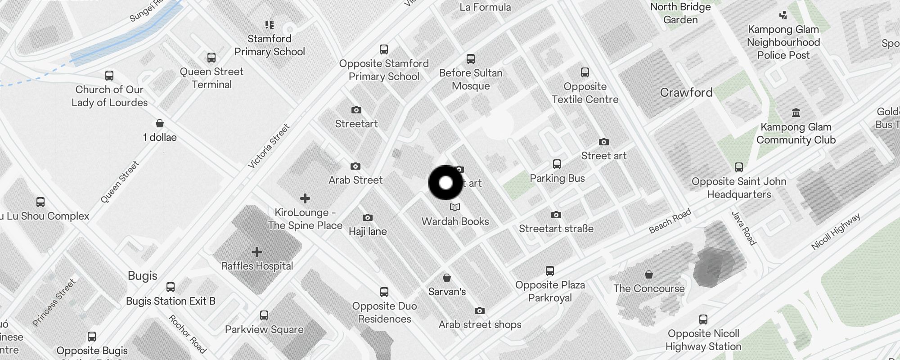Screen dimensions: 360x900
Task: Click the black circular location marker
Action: coord(445,183)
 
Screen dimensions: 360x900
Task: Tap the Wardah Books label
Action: coord(455,221)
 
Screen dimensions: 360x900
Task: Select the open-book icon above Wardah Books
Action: coord(455,207)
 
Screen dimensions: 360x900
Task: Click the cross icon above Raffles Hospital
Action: coord(257,252)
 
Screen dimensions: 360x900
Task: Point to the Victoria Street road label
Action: coord(269,147)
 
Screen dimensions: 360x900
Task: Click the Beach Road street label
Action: coord(670,221)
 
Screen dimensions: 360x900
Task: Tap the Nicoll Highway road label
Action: coord(836,231)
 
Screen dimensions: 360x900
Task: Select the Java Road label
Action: coord(743,228)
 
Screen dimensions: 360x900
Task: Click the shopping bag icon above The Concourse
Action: coord(648,274)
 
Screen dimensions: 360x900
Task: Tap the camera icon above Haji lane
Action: coord(368,218)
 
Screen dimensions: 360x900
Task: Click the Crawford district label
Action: coord(686,93)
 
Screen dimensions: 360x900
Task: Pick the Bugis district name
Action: coord(143,275)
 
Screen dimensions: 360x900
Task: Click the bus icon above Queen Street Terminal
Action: coord(211,58)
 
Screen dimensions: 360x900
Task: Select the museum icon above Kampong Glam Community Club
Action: coord(796,112)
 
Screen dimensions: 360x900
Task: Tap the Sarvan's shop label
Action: coord(447,292)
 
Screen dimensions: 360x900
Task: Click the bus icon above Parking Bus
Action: coord(557,164)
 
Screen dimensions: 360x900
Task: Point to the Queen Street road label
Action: coord(120,182)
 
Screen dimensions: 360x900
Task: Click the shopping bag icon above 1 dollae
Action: coord(160,123)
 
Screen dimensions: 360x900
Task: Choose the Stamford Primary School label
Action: coord(270,45)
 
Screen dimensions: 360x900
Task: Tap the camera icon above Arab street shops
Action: coord(480,311)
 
